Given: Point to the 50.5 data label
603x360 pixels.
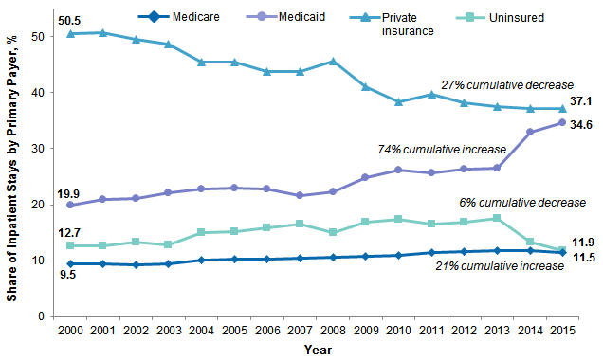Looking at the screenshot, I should click(67, 18).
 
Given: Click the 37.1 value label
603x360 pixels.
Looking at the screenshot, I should click(581, 100).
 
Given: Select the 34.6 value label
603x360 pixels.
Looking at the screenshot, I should click(581, 125).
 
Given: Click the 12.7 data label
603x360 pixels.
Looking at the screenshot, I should click(67, 231).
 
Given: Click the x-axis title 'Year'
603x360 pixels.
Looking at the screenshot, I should click(319, 350).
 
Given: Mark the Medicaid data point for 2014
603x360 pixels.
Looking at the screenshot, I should click(530, 132).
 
